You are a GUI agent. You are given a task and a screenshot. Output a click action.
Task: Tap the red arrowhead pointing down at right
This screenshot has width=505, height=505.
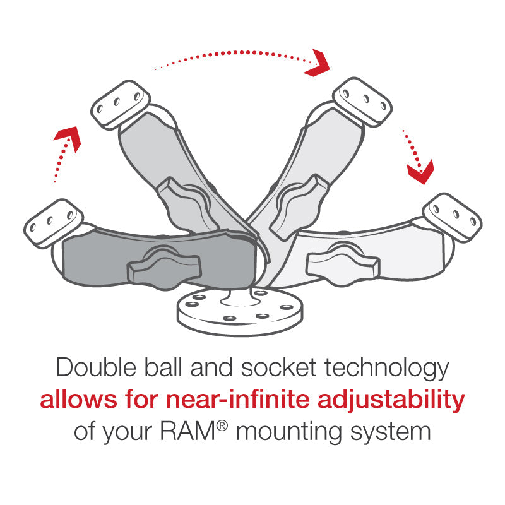pos(419,170)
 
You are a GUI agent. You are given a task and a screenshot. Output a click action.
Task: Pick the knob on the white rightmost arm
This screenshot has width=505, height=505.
pos(338,259)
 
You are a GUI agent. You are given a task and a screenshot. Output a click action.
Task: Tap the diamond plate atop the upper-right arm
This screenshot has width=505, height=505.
pos(359,101)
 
